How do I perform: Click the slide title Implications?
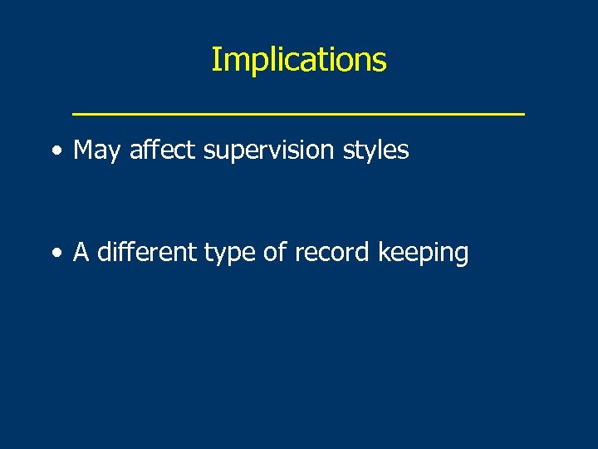(298, 60)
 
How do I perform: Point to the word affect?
(162, 150)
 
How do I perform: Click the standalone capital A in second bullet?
(81, 252)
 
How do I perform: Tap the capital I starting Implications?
(215, 60)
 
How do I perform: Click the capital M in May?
(83, 150)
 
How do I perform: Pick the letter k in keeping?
(383, 252)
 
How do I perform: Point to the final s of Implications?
(380, 62)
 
